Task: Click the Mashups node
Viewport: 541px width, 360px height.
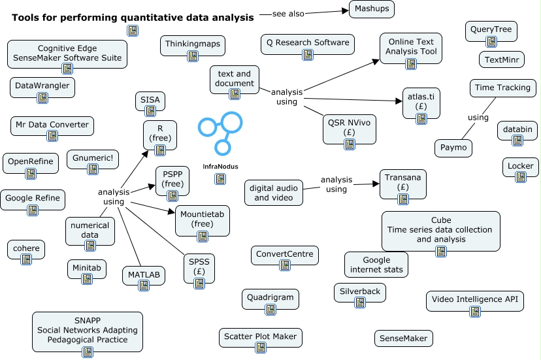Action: pyautogui.click(x=371, y=8)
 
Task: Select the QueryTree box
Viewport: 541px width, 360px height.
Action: pyautogui.click(x=491, y=31)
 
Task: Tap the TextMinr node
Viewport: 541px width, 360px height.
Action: pyautogui.click(x=501, y=59)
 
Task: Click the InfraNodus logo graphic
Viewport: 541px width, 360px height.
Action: pyautogui.click(x=220, y=134)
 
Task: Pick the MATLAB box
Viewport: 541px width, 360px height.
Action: pyautogui.click(x=143, y=275)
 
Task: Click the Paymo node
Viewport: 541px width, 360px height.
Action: pyautogui.click(x=453, y=148)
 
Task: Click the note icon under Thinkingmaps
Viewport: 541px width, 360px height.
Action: pyautogui.click(x=192, y=56)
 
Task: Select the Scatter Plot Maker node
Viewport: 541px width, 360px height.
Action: pyautogui.click(x=261, y=337)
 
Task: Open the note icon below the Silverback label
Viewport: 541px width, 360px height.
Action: pyautogui.click(x=359, y=302)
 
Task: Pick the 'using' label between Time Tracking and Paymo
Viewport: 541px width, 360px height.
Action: pyautogui.click(x=478, y=118)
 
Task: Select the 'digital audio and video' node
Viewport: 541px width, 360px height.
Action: pyautogui.click(x=274, y=192)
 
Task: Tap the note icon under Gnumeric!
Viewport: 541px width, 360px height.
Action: pyautogui.click(x=93, y=168)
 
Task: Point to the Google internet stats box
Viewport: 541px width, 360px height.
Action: pyautogui.click(x=376, y=264)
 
